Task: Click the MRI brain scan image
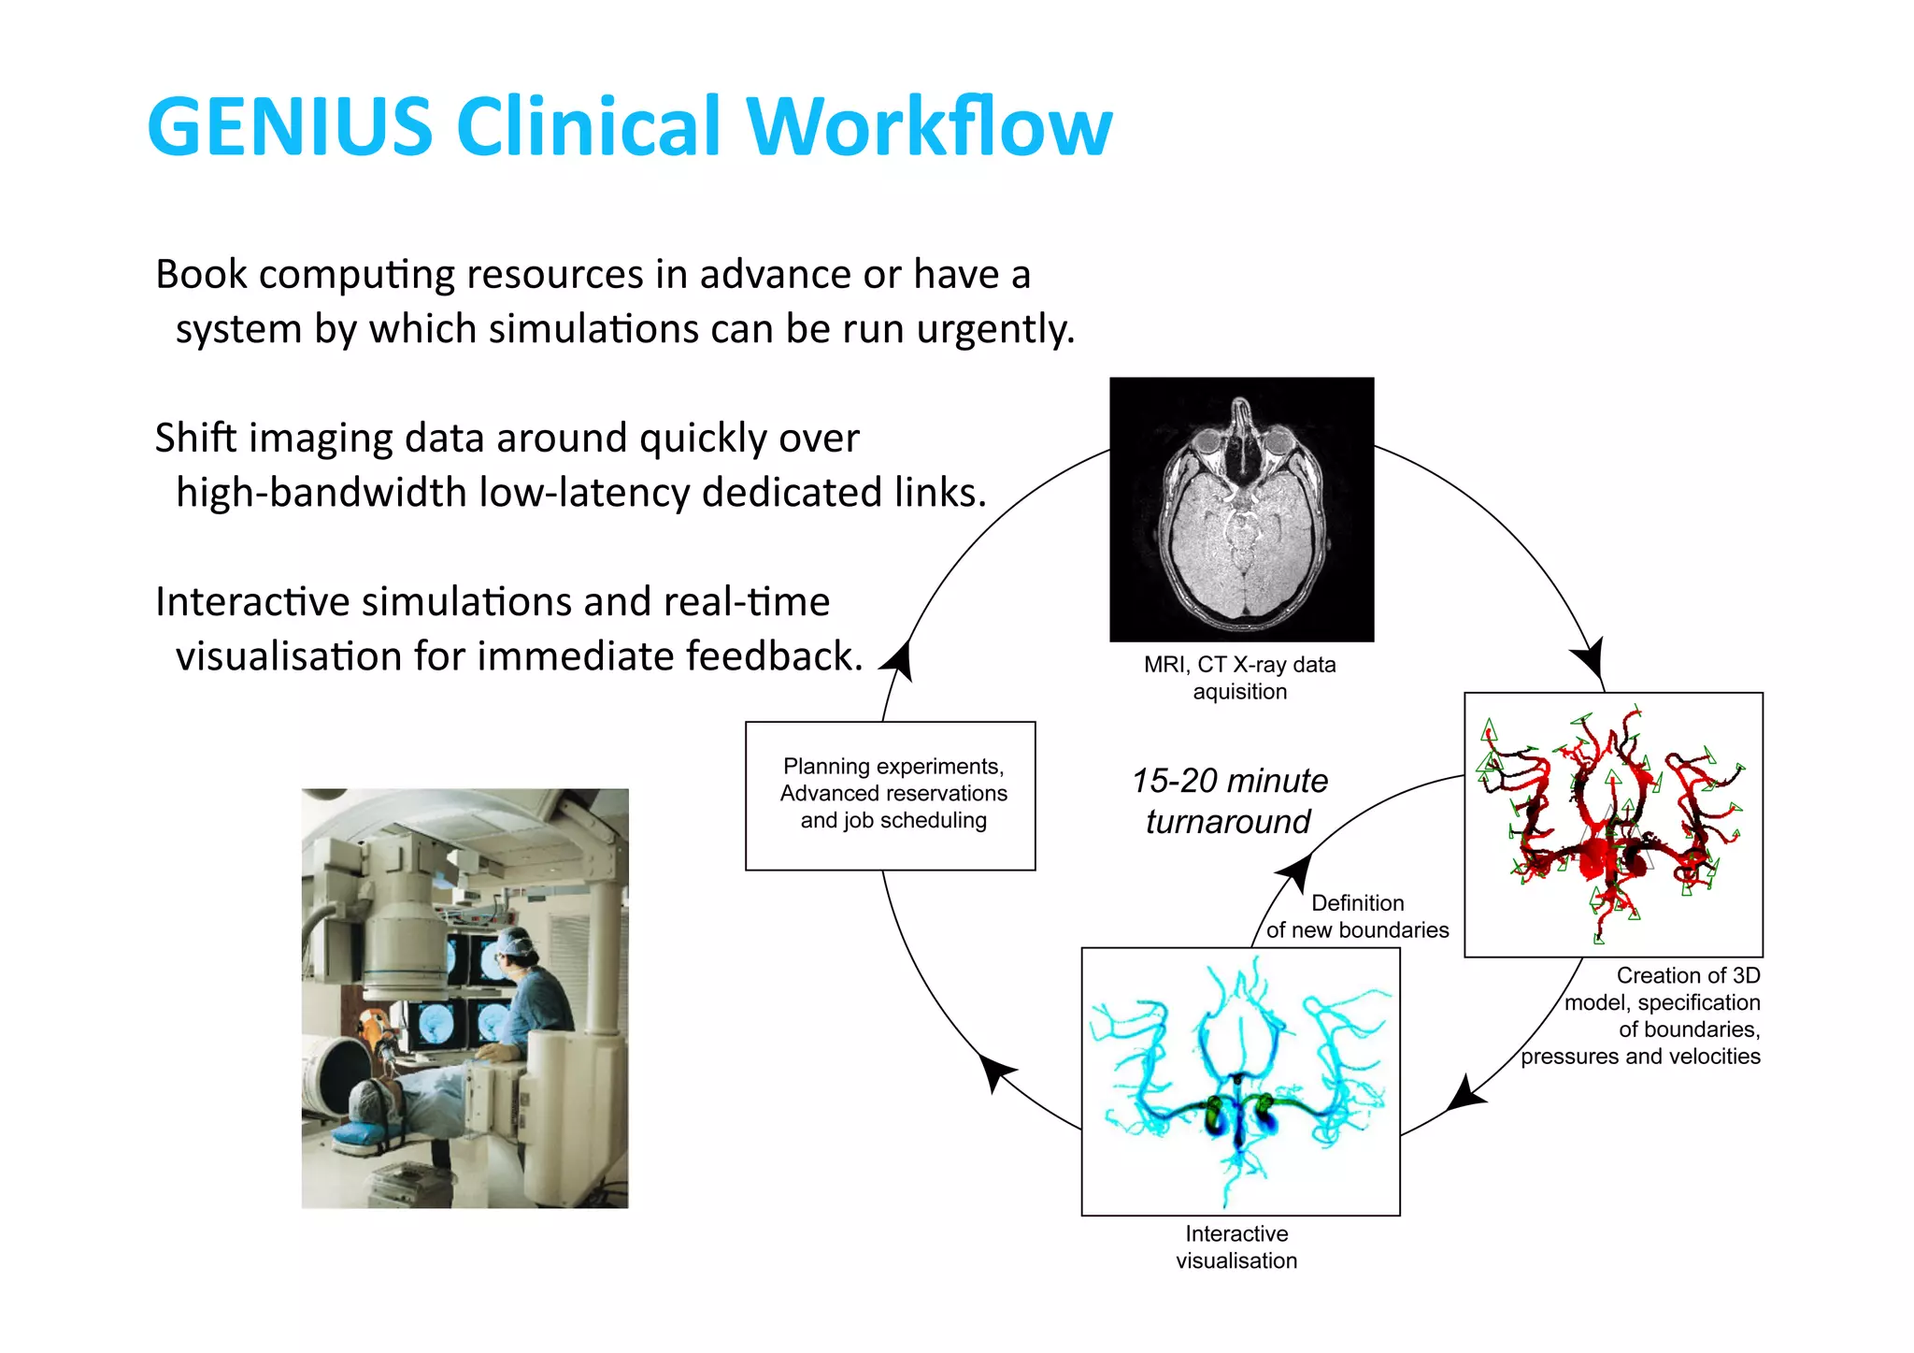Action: pos(1241,510)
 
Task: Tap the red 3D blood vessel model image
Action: pos(1613,825)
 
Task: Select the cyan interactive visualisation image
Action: pos(1240,1082)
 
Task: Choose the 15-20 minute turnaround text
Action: pos(1229,801)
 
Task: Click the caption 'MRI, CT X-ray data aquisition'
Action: pos(1240,678)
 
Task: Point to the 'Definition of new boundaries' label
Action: pos(1357,916)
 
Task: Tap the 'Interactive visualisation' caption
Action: pos(1236,1247)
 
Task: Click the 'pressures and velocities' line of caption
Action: pos(1640,1057)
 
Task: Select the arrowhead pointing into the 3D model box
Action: pos(1591,658)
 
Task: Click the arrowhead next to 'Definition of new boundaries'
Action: pos(1295,872)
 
